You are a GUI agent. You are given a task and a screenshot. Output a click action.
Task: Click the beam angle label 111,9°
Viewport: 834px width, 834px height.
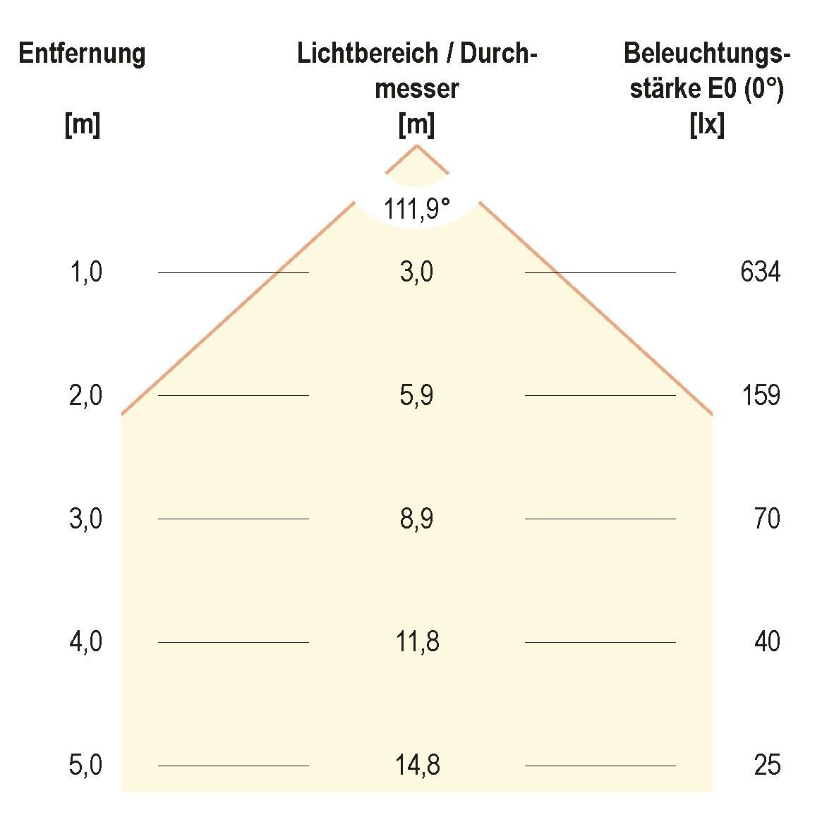click(x=416, y=210)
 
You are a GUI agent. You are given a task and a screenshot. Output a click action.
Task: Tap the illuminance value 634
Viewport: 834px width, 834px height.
click(x=760, y=272)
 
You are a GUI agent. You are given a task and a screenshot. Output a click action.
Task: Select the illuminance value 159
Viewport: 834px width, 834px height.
click(x=760, y=395)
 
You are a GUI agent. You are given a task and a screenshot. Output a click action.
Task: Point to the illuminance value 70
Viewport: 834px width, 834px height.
click(x=766, y=519)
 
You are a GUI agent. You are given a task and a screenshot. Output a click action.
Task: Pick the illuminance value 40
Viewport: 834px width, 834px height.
click(x=766, y=642)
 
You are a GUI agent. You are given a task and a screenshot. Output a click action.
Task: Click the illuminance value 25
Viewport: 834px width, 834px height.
click(x=767, y=766)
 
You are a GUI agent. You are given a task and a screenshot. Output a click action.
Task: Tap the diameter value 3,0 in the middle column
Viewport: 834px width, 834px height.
click(x=416, y=272)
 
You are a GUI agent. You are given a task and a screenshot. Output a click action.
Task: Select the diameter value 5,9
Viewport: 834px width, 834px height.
click(x=416, y=395)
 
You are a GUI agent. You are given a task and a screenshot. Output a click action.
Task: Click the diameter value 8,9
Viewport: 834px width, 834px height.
click(x=416, y=519)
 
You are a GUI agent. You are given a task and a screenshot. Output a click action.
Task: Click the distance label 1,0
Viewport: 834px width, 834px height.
click(x=85, y=272)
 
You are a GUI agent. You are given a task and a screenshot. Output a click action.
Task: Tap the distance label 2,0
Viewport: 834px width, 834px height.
click(x=85, y=395)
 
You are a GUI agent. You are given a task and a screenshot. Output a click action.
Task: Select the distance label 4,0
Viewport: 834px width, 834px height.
click(x=85, y=642)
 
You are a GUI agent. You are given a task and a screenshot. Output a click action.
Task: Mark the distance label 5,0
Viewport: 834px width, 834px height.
click(x=85, y=766)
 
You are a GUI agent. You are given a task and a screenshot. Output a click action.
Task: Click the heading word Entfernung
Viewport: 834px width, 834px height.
click(x=82, y=54)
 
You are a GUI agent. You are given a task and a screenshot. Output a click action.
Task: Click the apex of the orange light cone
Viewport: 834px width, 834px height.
click(x=417, y=145)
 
